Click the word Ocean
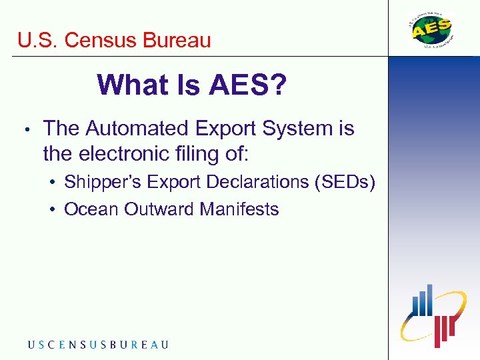tap(87, 209)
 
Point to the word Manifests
tap(239, 209)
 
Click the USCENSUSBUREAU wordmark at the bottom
tap(98, 345)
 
